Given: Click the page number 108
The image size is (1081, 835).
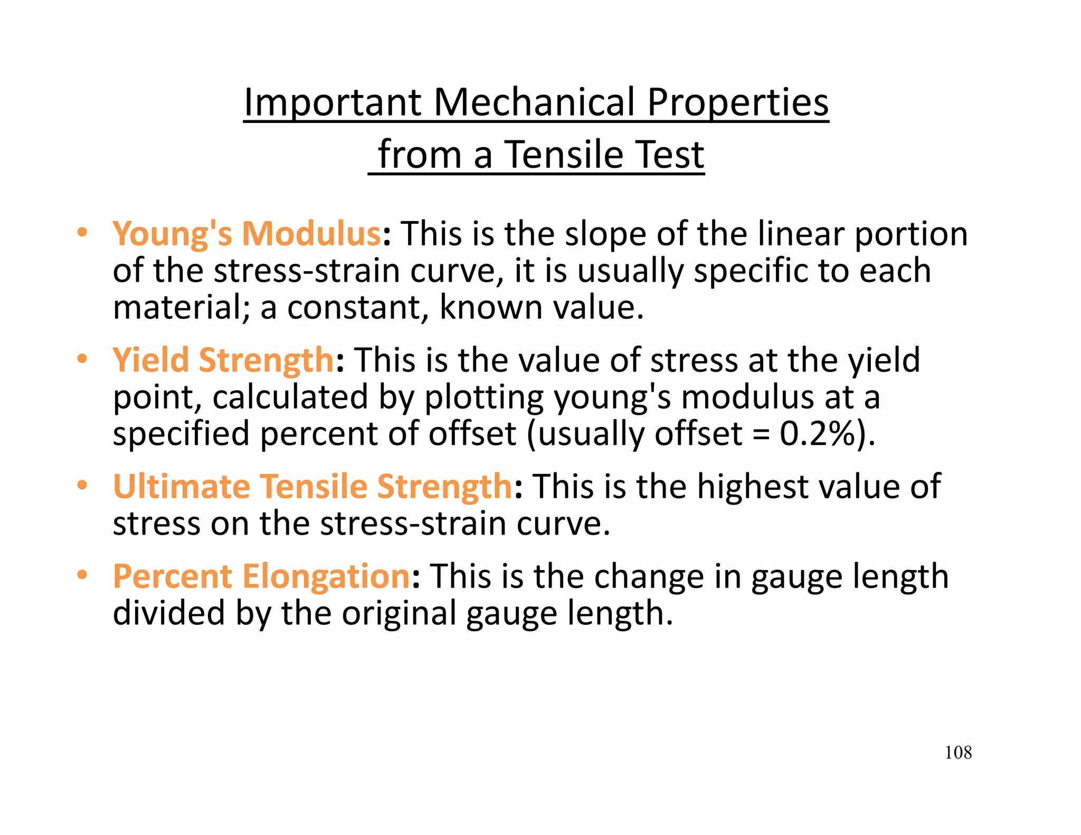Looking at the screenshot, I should pyautogui.click(x=958, y=752).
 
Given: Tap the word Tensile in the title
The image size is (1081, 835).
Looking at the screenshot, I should pyautogui.click(x=564, y=155).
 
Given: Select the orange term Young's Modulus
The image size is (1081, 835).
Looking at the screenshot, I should pyautogui.click(x=246, y=234).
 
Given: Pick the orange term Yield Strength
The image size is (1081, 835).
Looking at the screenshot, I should pyautogui.click(x=223, y=360).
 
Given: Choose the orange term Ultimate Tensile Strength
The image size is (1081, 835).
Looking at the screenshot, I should pyautogui.click(x=312, y=486).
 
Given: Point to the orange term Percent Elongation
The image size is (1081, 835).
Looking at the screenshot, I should pyautogui.click(x=261, y=576).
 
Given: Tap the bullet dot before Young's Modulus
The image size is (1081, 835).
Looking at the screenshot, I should pyautogui.click(x=81, y=233).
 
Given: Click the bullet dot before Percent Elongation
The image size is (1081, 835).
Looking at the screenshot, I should pyautogui.click(x=81, y=575).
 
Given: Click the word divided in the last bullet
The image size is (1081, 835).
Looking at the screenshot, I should pyautogui.click(x=169, y=613).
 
